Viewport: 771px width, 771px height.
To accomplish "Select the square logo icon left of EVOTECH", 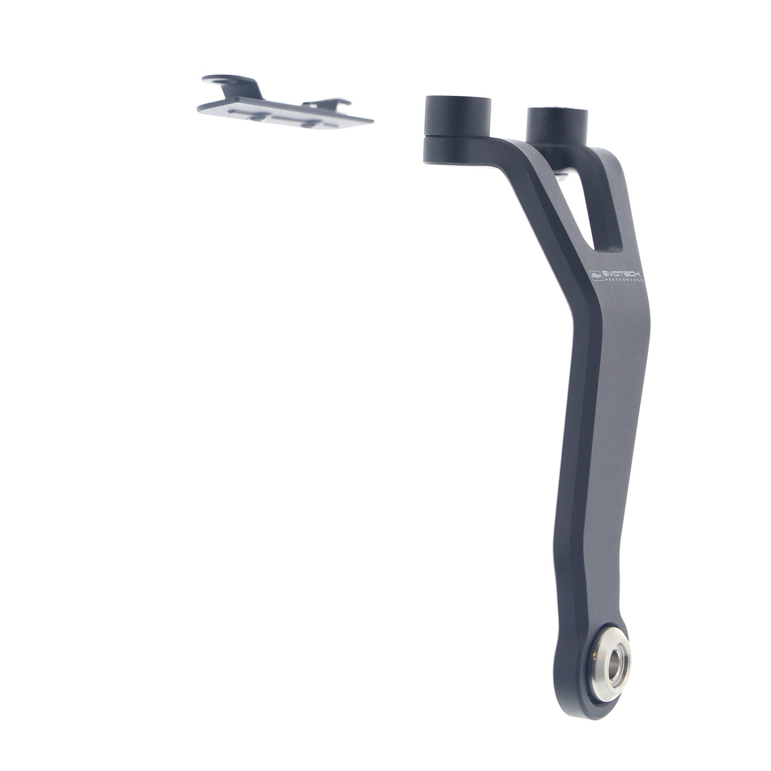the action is [596, 275].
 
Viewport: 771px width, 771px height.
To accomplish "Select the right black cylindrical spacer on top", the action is [557, 126].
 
